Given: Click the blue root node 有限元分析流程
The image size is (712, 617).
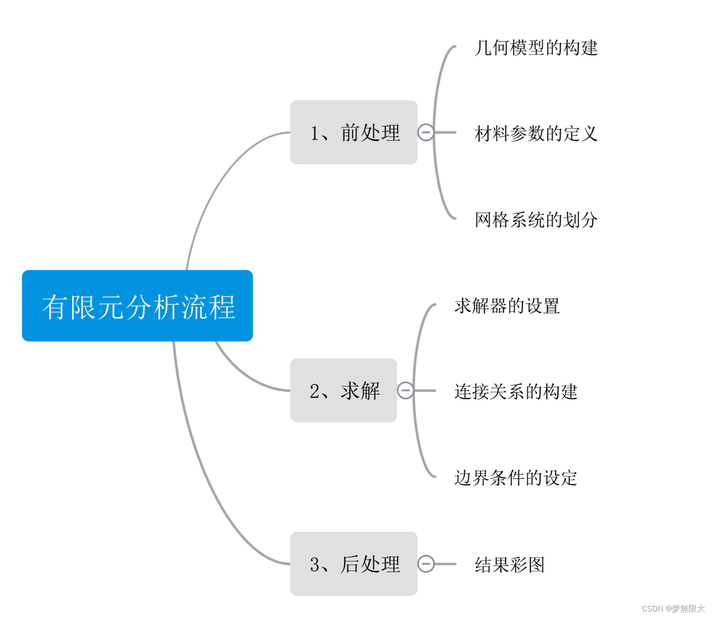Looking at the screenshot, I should click(x=137, y=306).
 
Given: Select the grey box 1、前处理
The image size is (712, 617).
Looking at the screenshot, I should click(x=353, y=133).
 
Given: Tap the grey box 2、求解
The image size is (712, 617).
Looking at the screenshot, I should click(x=343, y=390).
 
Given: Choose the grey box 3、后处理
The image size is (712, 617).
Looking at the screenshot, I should click(x=353, y=564).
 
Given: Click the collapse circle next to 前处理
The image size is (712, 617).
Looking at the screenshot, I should click(x=426, y=133).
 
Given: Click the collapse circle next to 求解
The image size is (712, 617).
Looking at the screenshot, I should click(x=405, y=390).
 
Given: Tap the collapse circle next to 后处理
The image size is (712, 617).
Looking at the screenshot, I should click(x=426, y=564).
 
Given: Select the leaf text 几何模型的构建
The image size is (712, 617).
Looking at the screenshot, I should click(x=536, y=48).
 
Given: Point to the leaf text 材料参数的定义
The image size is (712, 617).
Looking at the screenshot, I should click(x=536, y=134).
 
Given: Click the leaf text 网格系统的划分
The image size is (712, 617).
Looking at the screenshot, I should click(x=536, y=220).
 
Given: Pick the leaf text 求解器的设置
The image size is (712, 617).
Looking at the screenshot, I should click(x=507, y=306).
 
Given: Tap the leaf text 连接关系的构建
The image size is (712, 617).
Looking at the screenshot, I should click(x=515, y=392).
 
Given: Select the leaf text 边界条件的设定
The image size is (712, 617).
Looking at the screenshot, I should click(x=515, y=478).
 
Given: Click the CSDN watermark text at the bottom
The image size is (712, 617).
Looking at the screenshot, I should click(x=673, y=609).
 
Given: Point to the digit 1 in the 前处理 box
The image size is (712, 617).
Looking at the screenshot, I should click(x=315, y=134).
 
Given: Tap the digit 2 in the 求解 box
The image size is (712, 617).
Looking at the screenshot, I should click(x=315, y=391).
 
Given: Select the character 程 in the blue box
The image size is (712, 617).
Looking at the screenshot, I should click(x=222, y=307).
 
